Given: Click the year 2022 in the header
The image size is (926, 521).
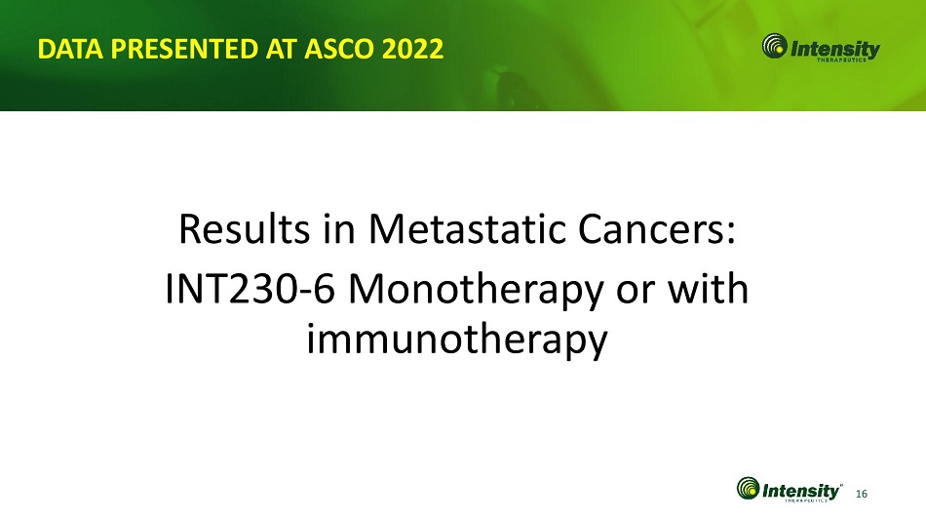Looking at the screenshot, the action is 412,49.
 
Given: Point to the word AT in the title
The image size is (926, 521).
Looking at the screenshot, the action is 281,49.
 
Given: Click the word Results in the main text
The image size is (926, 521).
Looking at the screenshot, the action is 244,229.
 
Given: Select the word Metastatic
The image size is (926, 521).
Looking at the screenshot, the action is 467,229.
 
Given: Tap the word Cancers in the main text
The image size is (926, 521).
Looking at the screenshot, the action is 650,229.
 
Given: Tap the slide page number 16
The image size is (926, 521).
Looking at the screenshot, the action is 862,494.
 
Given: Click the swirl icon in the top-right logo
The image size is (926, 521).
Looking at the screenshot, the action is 774,46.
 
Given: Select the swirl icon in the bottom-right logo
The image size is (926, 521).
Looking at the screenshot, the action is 749,489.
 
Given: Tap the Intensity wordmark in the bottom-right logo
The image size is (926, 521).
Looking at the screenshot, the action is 801,491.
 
